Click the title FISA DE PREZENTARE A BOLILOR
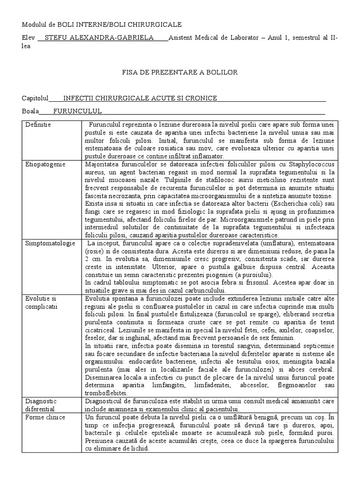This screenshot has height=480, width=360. click(x=180, y=72)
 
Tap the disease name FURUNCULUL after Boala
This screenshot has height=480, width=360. click(x=78, y=111)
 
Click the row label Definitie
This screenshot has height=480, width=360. click(x=38, y=125)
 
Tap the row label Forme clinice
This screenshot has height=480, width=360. click(x=45, y=417)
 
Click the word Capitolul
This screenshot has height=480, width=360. click(x=35, y=98)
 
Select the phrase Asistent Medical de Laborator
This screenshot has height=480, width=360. click(x=213, y=38)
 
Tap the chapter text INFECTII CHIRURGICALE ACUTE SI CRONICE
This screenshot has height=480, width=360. click(x=140, y=98)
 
